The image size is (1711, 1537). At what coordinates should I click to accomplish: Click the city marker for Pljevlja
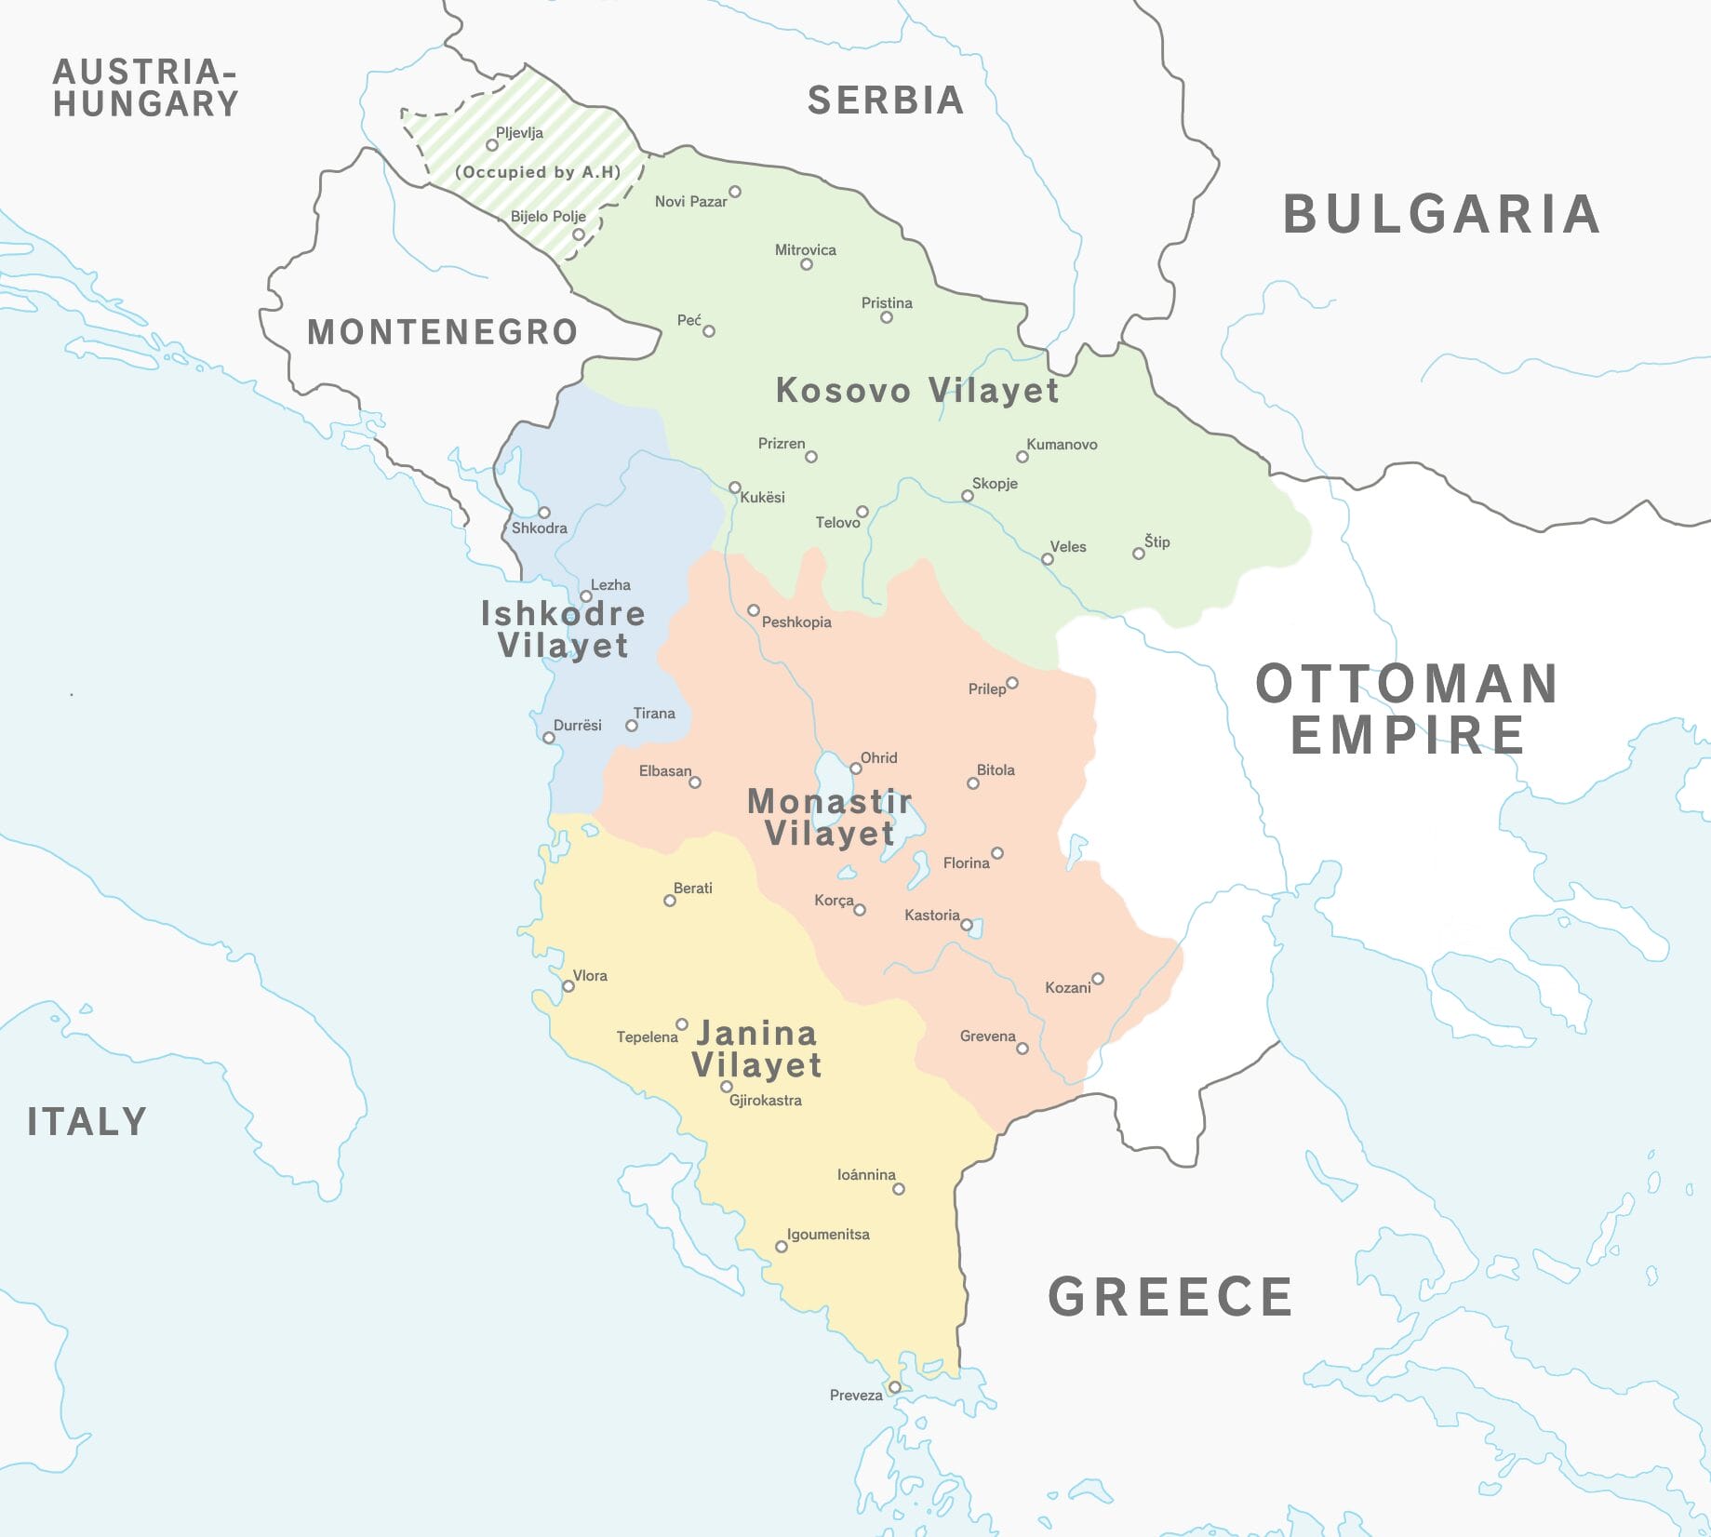point(492,145)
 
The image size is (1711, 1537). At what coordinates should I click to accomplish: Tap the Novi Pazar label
point(690,202)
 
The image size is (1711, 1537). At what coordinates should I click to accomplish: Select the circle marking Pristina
point(887,317)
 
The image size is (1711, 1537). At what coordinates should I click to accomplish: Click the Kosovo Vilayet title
point(916,391)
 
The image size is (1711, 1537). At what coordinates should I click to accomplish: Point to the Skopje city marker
point(968,496)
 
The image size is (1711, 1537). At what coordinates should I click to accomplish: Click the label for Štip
point(1157,541)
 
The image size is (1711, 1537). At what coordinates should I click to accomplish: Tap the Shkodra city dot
point(544,513)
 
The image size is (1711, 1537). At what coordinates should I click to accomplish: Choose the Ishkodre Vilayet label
point(563,629)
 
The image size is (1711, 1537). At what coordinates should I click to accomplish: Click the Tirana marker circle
point(632,726)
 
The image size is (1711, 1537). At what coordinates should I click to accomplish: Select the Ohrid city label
point(878,757)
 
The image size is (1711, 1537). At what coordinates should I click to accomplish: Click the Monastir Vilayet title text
point(829,817)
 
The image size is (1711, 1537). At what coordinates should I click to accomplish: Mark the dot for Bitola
point(973,783)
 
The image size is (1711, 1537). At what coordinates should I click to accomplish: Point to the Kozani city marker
point(1098,979)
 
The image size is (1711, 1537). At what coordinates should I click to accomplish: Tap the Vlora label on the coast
point(590,976)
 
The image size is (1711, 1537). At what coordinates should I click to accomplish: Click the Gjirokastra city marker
point(727,1087)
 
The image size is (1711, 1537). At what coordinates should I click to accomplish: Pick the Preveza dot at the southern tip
point(895,1387)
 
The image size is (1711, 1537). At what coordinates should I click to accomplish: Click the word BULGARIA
point(1441,214)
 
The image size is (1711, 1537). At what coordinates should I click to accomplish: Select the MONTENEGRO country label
point(442,332)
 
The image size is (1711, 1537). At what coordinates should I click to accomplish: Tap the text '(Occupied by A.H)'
point(537,172)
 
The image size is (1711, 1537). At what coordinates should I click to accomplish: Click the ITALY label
point(87,1121)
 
